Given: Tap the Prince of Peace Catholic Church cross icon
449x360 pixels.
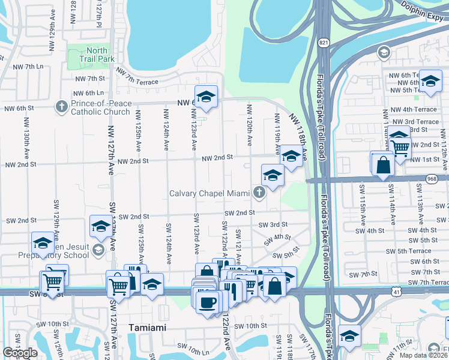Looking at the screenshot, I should tap(61, 107).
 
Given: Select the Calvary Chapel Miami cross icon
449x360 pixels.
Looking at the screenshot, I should tap(259, 193).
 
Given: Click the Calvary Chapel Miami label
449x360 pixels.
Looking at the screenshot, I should tap(209, 193).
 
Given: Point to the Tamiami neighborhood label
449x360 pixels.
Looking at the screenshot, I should tap(147, 327).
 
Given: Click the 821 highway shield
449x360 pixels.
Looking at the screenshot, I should tap(324, 43).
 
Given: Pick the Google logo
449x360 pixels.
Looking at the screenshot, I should tap(20, 353).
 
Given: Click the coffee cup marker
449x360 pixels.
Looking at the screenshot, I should tap(208, 301).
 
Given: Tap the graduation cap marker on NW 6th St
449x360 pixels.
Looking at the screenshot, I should tap(206, 96).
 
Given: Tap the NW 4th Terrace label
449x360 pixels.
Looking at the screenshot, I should tap(414, 110).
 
